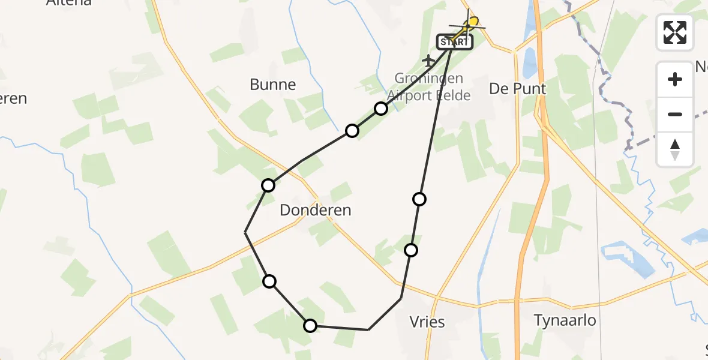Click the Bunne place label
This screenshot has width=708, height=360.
tap(273, 85)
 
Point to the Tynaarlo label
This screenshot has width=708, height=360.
tap(565, 320)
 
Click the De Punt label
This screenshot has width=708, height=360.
tap(518, 89)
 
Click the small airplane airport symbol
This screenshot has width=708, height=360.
tap(428, 60)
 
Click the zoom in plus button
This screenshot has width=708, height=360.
tap(675, 79)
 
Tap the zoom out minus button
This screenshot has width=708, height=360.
tap(675, 114)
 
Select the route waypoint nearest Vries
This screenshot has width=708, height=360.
tap(411, 250)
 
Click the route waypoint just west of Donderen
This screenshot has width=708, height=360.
tap(268, 185)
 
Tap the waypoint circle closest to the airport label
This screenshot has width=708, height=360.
tap(381, 109)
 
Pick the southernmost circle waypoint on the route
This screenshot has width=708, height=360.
tap(310, 326)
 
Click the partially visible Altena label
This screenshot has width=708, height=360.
tap(69, 2)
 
